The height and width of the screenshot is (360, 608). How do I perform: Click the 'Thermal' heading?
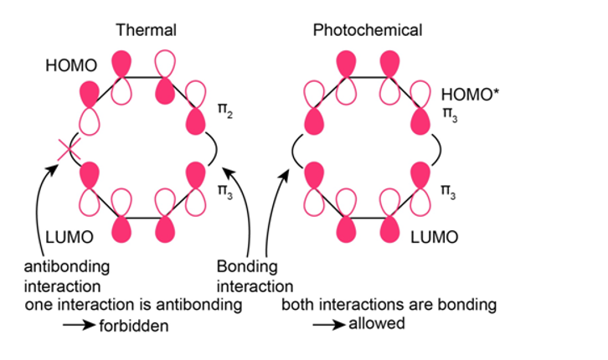click(146, 31)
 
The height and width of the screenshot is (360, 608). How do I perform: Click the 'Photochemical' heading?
click(367, 31)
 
